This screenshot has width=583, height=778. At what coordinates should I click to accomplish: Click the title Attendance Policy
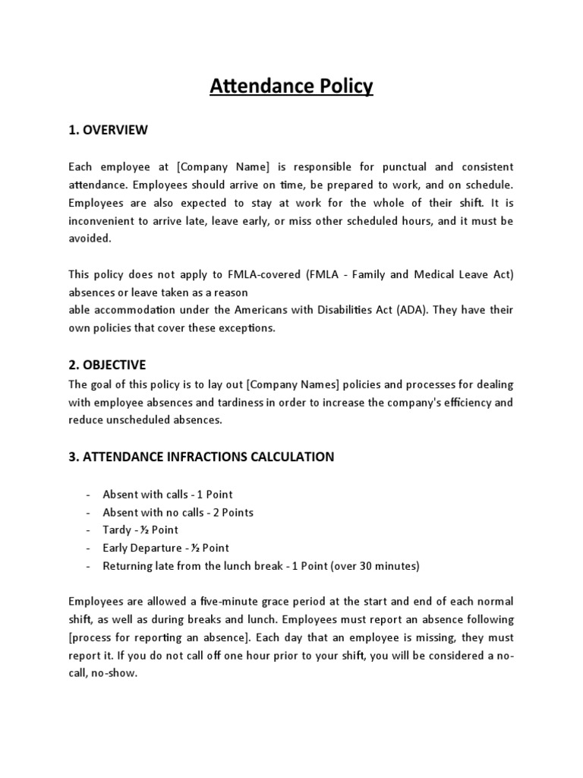291,87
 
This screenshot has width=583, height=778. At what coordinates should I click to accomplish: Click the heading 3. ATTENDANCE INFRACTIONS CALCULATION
201,457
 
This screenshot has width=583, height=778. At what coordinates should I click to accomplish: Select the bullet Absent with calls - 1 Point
168,495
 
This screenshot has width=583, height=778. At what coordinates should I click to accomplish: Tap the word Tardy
117,530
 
